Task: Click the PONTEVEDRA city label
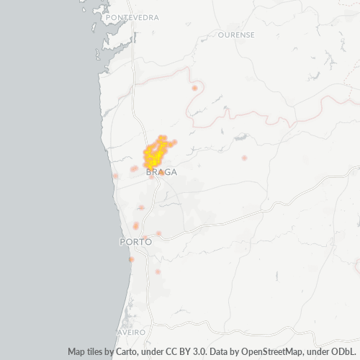click(x=132, y=17)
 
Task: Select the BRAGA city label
click(x=161, y=172)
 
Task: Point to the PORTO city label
click(x=135, y=242)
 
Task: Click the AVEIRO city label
click(x=131, y=332)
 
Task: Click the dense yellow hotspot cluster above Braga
click(x=156, y=153)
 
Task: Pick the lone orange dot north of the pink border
click(x=194, y=88)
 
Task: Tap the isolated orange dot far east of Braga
click(x=244, y=158)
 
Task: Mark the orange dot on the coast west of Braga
click(x=115, y=176)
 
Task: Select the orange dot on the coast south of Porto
click(x=131, y=259)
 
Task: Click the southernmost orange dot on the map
click(x=158, y=271)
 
